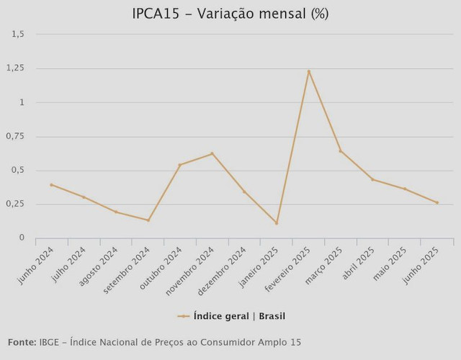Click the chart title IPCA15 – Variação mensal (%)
(230, 14)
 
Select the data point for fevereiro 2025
(308, 71)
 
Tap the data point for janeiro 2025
(277, 223)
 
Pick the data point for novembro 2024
(212, 153)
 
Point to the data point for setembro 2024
(148, 220)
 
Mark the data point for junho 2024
(51, 185)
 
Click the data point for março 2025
(341, 150)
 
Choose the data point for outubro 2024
(180, 165)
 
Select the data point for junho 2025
(437, 203)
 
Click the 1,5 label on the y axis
(19, 34)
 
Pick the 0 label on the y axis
(22, 238)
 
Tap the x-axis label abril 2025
(360, 262)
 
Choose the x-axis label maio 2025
(393, 261)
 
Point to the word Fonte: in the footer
(22, 342)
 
